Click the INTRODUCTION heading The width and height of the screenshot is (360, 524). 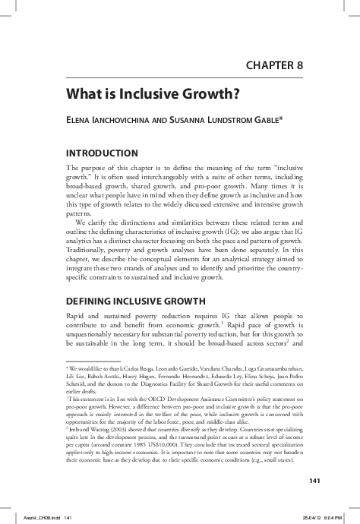(103, 153)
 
